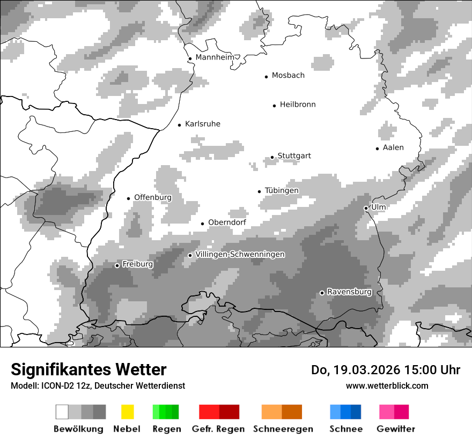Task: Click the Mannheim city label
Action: (215, 57)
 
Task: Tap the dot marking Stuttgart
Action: (272, 157)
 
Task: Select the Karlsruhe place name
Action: (202, 124)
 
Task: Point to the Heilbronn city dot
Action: (275, 106)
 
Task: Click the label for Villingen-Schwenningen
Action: (240, 254)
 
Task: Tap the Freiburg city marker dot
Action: (117, 265)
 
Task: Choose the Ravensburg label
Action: (349, 292)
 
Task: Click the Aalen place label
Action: (393, 147)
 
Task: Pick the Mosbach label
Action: (288, 76)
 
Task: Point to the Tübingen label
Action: (282, 190)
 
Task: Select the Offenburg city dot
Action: (129, 198)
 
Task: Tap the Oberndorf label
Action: (227, 222)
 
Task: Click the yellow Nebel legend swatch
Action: (127, 412)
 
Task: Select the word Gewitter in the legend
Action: (395, 429)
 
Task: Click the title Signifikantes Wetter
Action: (88, 369)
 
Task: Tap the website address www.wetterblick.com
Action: (387, 385)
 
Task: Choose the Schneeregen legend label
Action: (283, 429)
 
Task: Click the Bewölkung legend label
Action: (78, 429)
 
